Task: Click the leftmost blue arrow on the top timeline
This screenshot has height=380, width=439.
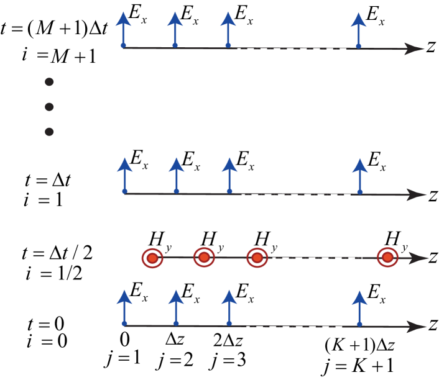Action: [123, 29]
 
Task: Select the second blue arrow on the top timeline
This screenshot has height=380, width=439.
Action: [175, 29]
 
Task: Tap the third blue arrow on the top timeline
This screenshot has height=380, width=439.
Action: [228, 29]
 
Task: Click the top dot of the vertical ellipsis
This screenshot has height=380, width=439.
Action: [49, 82]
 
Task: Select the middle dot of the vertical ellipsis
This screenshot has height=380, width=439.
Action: [49, 107]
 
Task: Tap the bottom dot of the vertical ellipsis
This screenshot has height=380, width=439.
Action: [49, 132]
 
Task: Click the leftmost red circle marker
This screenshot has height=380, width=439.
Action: [152, 258]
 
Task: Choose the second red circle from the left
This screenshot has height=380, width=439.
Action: [204, 257]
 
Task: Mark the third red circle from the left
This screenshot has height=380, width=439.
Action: [257, 258]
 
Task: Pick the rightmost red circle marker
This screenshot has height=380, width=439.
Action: [387, 257]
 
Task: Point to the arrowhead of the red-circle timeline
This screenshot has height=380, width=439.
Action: [419, 258]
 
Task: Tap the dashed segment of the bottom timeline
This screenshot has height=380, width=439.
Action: [293, 326]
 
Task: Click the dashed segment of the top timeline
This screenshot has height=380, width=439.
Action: [291, 49]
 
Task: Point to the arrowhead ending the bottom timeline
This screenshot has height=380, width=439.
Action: [417, 327]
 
